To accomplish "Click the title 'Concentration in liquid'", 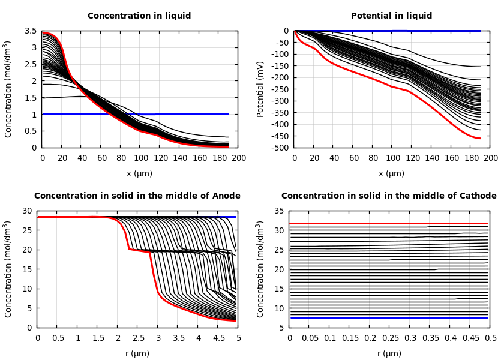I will click(139, 16).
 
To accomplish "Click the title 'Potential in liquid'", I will click(391, 16).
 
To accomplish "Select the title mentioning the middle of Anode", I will click(137, 196).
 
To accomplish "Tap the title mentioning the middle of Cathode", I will click(389, 196).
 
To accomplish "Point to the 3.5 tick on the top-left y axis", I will click(31, 31).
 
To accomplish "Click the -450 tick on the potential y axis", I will click(279, 136).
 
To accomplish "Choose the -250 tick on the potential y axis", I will click(279, 89).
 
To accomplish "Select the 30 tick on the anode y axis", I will click(26, 211).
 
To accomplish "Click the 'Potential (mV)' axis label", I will click(260, 89).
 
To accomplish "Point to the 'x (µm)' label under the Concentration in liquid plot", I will click(139, 174).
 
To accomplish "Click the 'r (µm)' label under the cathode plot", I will click(389, 354).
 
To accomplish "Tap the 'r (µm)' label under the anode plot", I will click(137, 354).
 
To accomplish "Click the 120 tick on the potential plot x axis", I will click(412, 158).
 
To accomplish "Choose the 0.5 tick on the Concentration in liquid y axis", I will click(31, 131).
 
